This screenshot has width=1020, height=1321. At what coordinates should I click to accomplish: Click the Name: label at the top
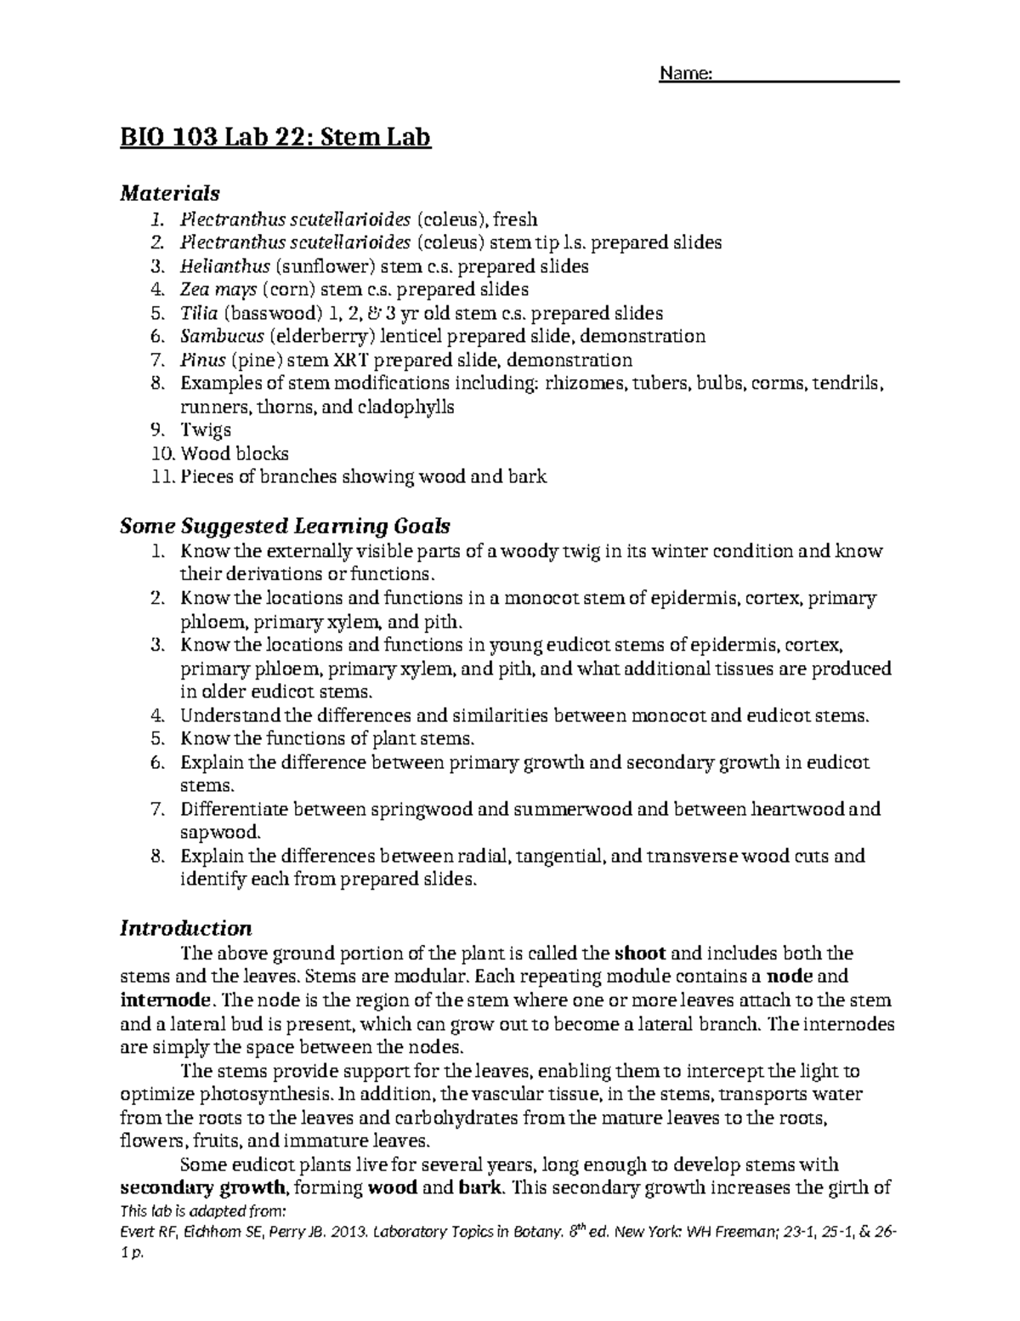click(685, 75)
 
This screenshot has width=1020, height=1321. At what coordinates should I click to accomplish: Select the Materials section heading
click(170, 193)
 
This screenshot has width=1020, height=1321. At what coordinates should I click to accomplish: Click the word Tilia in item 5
click(196, 313)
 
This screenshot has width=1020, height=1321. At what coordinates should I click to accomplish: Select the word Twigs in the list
click(206, 430)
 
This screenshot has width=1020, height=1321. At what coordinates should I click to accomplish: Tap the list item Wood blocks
click(235, 453)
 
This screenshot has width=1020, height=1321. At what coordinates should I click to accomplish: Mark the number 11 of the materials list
click(161, 477)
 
